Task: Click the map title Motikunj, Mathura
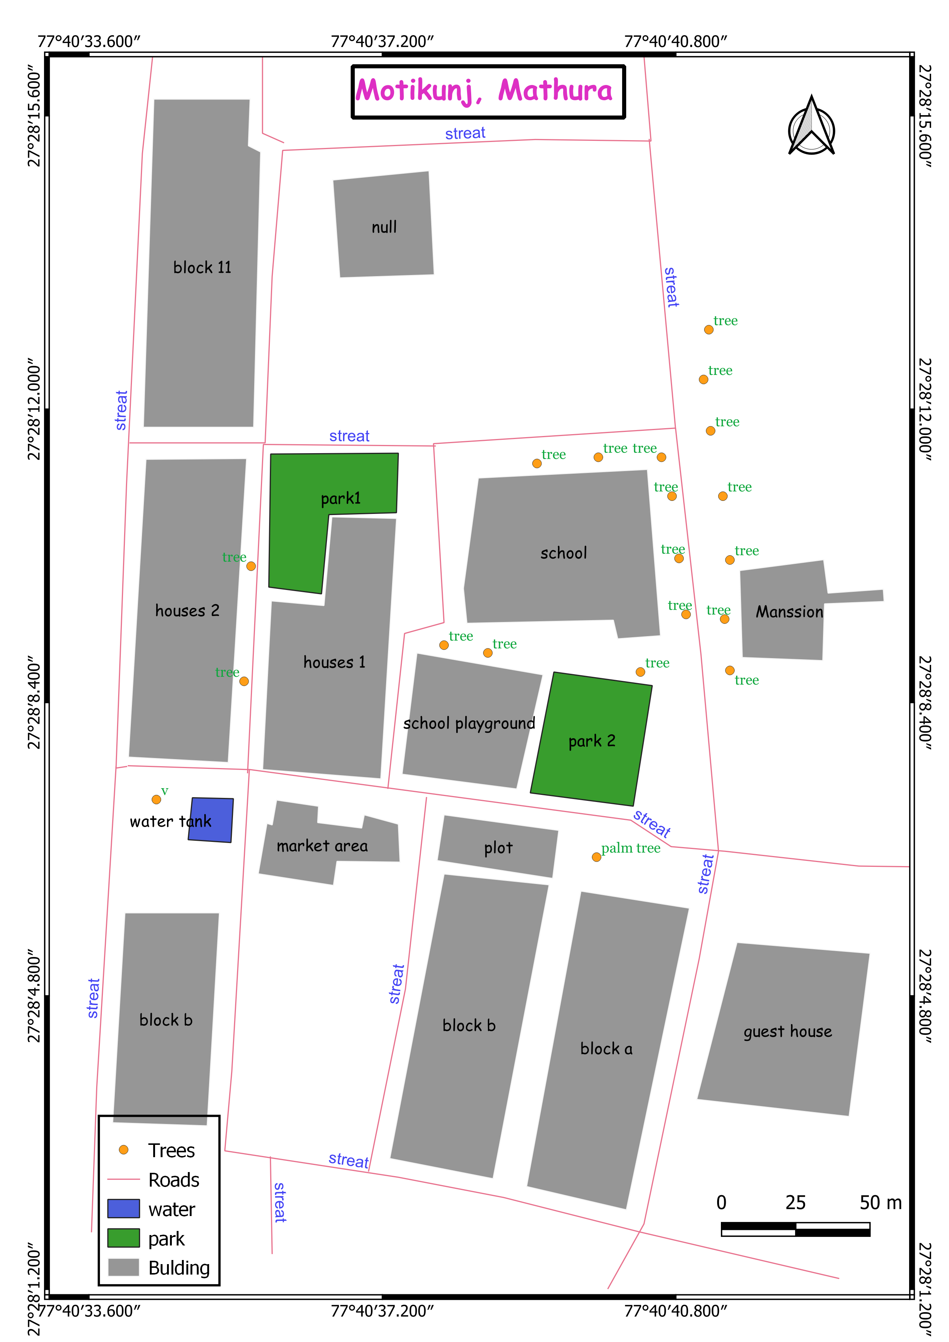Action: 484,91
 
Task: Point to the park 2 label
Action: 592,741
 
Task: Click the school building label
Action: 563,553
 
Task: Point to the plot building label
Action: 498,848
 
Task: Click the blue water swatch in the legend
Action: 123,1208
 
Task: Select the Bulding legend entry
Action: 178,1268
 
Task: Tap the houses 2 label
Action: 187,611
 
